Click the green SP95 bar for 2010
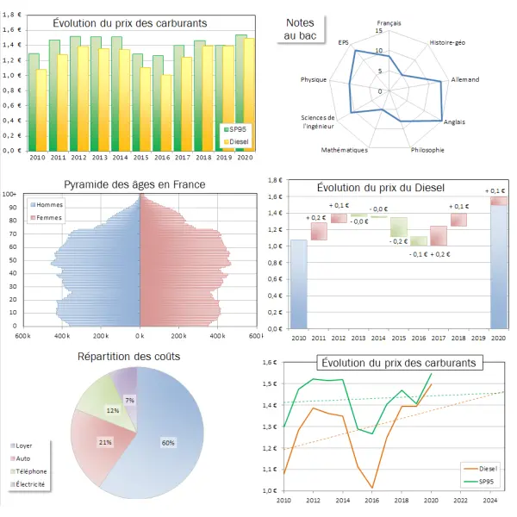pos(34,102)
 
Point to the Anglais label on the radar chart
pos(454,122)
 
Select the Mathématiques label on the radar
pos(344,150)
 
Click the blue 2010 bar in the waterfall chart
pos(298,283)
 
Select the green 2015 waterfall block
pos(398,227)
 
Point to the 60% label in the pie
pos(167,443)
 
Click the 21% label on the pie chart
pos(105,442)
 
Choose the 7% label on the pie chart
pos(129,401)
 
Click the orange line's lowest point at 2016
pos(373,489)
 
